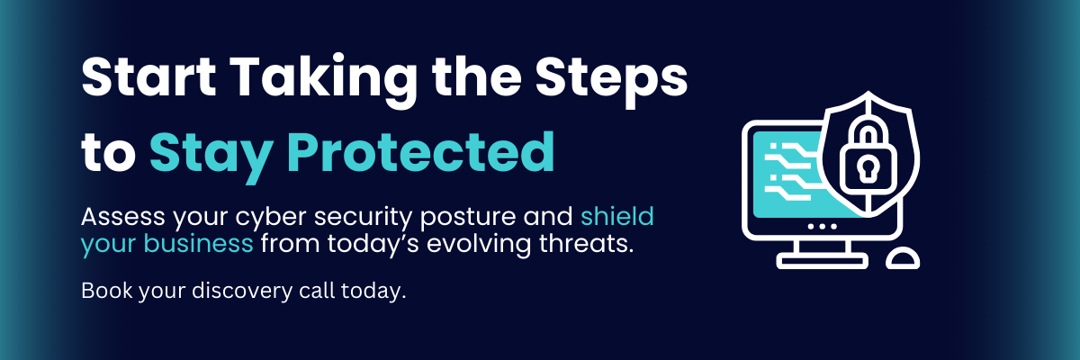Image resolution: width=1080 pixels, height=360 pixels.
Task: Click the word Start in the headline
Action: (148, 77)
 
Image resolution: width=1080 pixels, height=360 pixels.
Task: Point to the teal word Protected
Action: (420, 152)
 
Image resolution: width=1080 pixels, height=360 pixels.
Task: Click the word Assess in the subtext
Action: (123, 217)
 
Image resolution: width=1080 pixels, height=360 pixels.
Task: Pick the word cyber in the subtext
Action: (271, 219)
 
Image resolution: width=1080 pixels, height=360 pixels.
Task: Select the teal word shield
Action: (617, 216)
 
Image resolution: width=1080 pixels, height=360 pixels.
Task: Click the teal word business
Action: (198, 243)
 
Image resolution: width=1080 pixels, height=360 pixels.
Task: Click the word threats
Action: (586, 243)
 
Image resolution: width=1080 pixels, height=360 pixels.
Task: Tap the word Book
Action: (106, 291)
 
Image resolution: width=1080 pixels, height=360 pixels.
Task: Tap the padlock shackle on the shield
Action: (868, 134)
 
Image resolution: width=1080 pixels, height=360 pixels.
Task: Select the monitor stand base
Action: (822, 261)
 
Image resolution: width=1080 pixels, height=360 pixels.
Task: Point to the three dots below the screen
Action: (822, 226)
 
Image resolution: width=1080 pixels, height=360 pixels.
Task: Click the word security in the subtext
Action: (364, 219)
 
